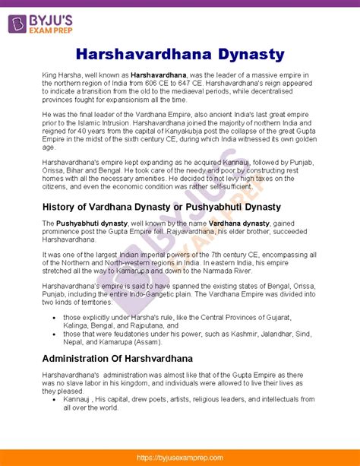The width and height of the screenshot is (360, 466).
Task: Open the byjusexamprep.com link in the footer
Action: (180, 458)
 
